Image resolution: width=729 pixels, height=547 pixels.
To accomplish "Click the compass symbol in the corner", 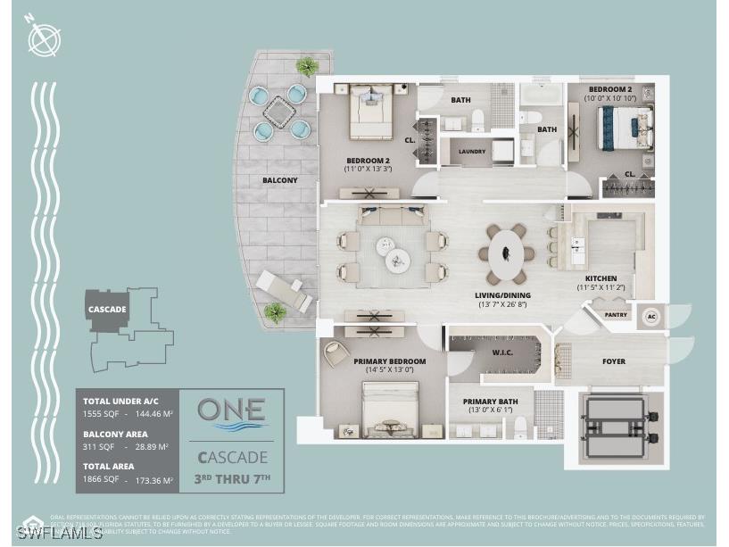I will click(44, 38).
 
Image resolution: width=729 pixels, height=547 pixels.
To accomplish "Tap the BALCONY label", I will click(279, 180).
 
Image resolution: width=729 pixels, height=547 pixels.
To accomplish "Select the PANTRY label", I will click(615, 315).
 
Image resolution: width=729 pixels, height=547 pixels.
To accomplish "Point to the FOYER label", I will click(613, 361).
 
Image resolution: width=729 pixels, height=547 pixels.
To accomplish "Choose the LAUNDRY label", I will click(472, 152).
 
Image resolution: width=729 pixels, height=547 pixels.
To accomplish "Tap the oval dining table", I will click(506, 253).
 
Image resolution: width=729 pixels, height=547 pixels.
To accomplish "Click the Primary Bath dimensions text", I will click(491, 410).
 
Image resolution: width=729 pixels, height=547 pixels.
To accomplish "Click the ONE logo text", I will click(231, 410).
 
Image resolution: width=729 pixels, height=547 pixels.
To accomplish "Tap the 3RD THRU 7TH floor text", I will click(231, 479).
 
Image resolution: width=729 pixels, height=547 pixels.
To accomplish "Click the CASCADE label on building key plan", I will click(106, 309).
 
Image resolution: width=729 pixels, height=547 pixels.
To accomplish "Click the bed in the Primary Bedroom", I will click(390, 408).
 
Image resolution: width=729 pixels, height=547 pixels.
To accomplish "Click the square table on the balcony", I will click(278, 112).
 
